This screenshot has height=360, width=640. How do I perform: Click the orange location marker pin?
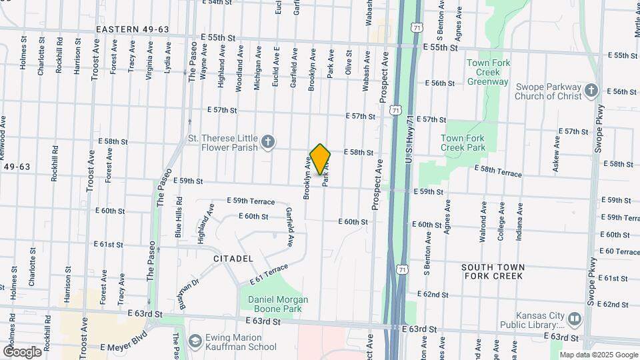321,159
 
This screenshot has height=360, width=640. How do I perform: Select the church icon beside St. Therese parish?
267,141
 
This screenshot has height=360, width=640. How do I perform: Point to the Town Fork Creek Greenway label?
488,72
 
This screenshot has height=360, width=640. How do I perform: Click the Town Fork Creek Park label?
462,142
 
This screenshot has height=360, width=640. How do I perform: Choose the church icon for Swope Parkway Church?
591,91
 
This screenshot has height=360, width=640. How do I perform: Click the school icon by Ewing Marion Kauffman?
195,342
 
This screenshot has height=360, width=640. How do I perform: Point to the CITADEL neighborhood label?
233,258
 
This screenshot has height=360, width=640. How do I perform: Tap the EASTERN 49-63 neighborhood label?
132,30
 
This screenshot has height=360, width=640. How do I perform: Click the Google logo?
22,351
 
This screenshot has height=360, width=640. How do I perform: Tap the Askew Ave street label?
556,155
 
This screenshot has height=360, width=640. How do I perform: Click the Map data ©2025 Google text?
599,355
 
